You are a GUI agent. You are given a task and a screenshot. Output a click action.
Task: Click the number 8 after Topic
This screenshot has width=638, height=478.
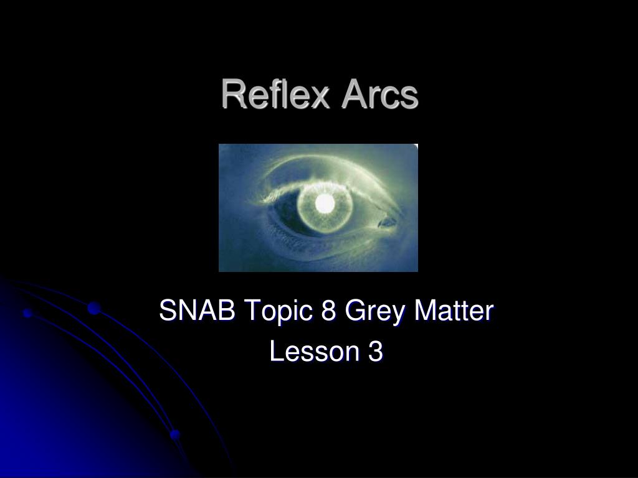(x=329, y=311)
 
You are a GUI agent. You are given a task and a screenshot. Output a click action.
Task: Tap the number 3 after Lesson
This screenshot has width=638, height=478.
(x=375, y=352)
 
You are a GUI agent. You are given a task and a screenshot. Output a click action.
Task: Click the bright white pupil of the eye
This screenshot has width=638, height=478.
(x=325, y=202)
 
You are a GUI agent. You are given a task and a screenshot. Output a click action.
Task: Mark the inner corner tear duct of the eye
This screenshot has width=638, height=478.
(x=388, y=220)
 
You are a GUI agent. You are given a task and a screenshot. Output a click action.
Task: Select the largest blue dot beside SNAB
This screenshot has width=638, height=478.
(x=94, y=307)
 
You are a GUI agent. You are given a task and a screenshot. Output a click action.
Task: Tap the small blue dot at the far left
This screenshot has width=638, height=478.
(x=27, y=313)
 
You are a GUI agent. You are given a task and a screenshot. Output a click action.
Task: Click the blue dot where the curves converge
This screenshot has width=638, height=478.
(x=175, y=434)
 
